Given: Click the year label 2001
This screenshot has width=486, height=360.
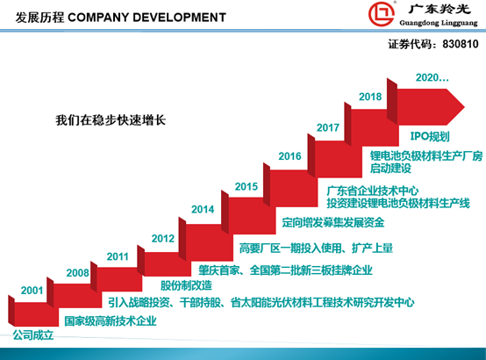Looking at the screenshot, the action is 32,291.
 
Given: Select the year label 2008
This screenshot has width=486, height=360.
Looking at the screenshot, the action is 77,273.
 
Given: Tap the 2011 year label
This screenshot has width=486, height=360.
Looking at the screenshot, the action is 118,256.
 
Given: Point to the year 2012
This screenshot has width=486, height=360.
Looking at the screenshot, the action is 163,238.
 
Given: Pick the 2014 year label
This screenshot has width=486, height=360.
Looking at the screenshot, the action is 203,210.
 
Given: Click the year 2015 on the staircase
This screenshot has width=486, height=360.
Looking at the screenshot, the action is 247,186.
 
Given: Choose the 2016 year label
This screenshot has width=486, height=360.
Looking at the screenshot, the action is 289,156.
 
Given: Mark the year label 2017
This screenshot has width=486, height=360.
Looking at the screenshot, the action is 328,127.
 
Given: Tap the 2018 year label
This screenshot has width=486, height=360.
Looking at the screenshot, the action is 370,97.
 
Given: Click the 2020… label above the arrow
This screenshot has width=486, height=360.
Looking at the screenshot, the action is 432,77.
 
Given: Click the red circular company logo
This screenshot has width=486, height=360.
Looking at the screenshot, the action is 382,14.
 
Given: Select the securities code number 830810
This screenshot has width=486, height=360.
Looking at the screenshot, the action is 461,44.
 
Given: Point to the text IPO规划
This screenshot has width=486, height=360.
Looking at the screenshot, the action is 430,136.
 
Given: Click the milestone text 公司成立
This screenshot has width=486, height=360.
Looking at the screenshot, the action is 33,335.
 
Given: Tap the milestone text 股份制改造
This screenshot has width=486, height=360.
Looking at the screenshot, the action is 186,285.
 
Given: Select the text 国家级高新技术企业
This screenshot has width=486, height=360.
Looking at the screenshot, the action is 111,321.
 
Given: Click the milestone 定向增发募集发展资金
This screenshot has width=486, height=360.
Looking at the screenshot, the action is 333,222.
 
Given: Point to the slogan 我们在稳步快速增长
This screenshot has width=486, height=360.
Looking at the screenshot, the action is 111,120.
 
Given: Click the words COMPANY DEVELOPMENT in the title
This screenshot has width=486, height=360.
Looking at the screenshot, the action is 147,18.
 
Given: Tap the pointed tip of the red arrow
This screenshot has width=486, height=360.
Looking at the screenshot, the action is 464,107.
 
